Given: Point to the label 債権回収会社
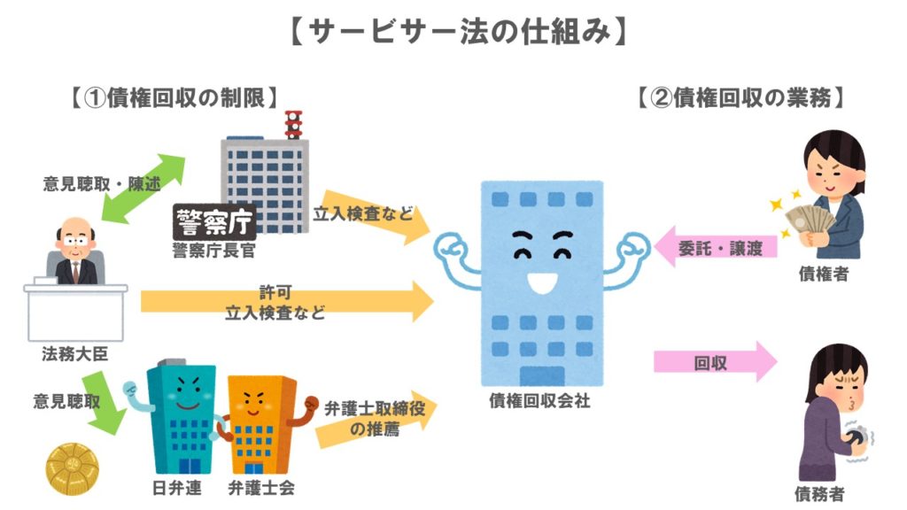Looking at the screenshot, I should point(539,401).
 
